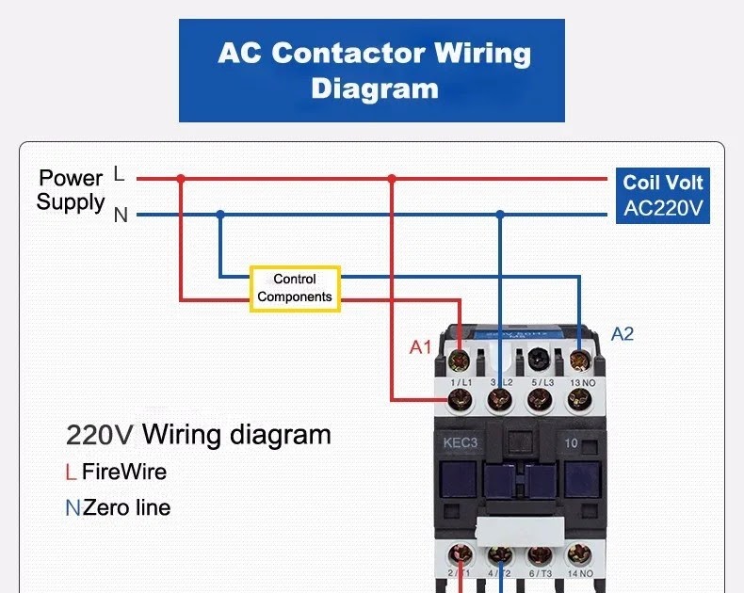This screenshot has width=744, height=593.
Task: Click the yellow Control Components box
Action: point(295,288)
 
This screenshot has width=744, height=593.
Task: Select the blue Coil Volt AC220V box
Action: point(663,196)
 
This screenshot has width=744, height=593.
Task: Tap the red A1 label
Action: point(420,347)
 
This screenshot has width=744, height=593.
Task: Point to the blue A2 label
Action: point(623,334)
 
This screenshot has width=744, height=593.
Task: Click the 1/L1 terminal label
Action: point(461,382)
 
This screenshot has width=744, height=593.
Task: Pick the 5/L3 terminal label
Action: point(540,382)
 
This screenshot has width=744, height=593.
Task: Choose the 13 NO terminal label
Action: point(581,382)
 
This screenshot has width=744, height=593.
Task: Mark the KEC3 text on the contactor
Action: point(462,442)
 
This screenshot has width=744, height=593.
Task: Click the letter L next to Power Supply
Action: point(119,174)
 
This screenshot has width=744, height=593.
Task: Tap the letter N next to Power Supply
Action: point(121,216)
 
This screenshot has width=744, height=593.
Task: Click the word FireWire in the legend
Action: point(124,471)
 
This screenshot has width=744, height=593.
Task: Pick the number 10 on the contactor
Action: point(572,442)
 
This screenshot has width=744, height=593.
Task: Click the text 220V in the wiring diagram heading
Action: point(100,435)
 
